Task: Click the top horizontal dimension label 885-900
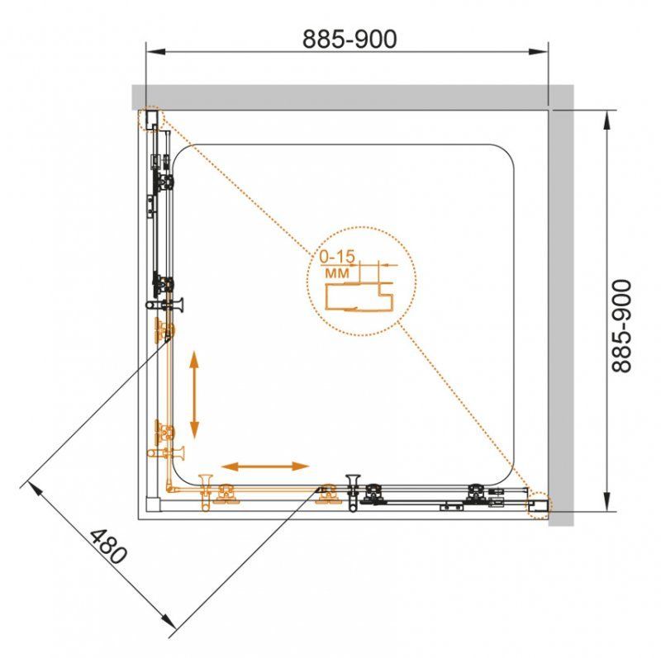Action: pyautogui.click(x=350, y=39)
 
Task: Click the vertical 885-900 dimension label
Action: pyautogui.click(x=622, y=325)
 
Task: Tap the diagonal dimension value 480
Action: pyautogui.click(x=107, y=547)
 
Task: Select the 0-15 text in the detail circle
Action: pyautogui.click(x=337, y=256)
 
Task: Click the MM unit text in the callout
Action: pyautogui.click(x=337, y=273)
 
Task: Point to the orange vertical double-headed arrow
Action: pyautogui.click(x=194, y=395)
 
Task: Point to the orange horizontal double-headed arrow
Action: pyautogui.click(x=265, y=466)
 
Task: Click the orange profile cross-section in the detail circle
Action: pyautogui.click(x=359, y=297)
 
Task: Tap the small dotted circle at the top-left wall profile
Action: pyautogui.click(x=150, y=119)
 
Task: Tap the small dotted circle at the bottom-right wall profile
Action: pyautogui.click(x=539, y=506)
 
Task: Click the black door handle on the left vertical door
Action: pyautogui.click(x=164, y=304)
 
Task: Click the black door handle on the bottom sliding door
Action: pyautogui.click(x=353, y=492)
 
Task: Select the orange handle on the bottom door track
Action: pyautogui.click(x=206, y=492)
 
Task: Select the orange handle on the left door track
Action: pyautogui.click(x=166, y=453)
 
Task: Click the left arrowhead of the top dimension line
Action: pyautogui.click(x=155, y=51)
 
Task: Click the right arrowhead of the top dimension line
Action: pyautogui.click(x=539, y=51)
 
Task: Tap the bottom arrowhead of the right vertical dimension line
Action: pyautogui.click(x=606, y=501)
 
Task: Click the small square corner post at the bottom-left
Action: pyautogui.click(x=153, y=504)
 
